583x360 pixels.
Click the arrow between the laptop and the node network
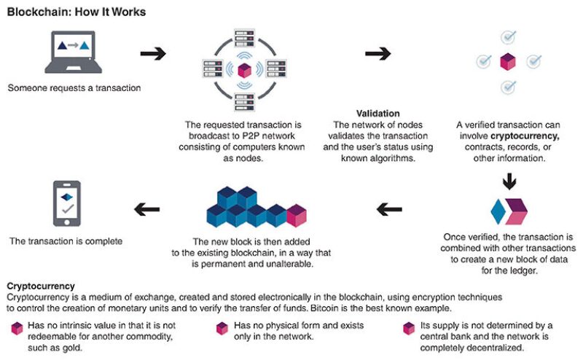click(x=152, y=54)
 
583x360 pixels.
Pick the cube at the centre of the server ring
click(x=244, y=70)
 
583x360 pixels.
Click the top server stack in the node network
click(x=244, y=36)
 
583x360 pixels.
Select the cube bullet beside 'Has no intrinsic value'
click(x=15, y=329)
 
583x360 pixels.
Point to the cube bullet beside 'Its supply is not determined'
click(x=408, y=329)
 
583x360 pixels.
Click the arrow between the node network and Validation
click(x=377, y=54)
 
